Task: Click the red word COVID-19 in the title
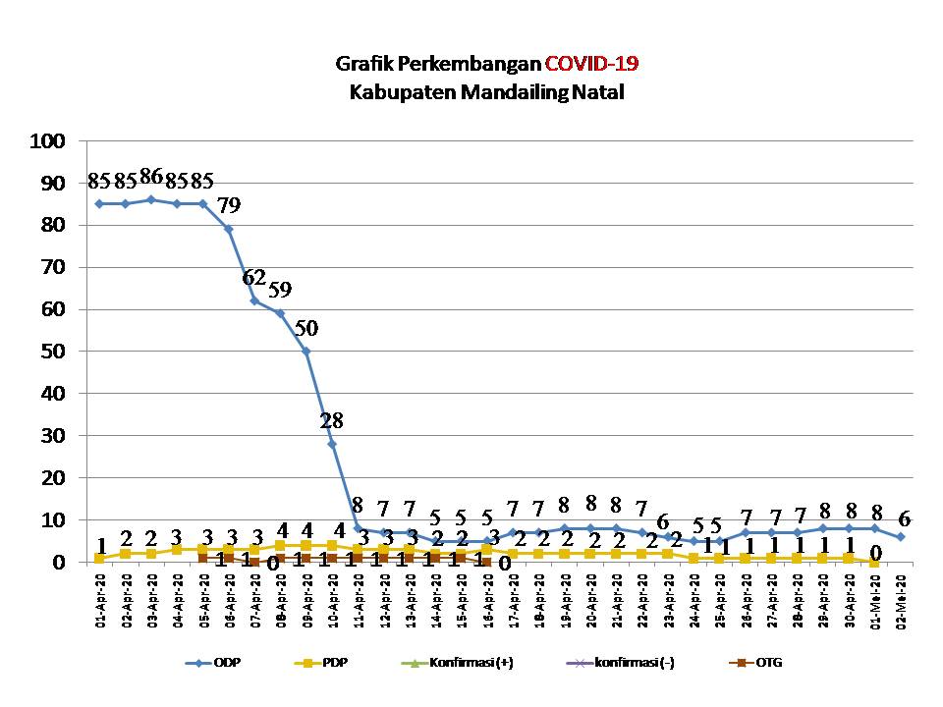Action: point(591,65)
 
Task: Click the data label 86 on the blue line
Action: point(151,178)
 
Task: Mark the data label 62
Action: point(254,277)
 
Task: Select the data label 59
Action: point(280,291)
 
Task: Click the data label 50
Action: point(305,328)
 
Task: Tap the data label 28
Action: point(332,421)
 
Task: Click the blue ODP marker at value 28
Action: point(332,444)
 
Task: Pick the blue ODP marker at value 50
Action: point(306,351)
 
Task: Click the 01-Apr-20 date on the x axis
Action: point(100,594)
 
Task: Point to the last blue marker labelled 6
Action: point(901,536)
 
